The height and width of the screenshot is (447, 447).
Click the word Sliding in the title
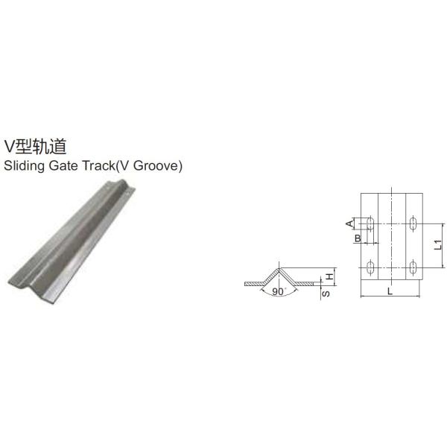pos(23,166)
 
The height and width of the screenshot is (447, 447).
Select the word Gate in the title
pos(70,166)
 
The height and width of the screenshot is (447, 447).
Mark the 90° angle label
pos(279,291)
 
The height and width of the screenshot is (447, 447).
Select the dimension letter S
pos(326,294)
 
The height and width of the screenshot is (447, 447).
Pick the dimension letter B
pos(358,238)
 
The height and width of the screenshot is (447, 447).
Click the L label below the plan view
pos(390,292)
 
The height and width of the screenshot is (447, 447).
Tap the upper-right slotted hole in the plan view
pos(413,223)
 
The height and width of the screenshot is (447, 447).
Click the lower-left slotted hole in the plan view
pos(370,266)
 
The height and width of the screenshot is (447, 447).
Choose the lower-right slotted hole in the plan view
pos(413,266)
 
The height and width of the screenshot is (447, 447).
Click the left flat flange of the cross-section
pos(253,284)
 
